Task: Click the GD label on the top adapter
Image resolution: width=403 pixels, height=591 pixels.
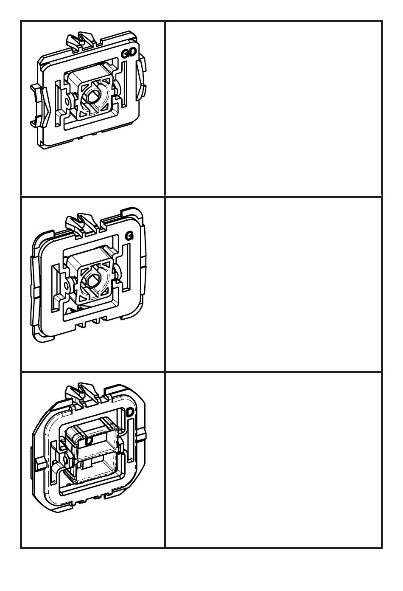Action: pos(129,53)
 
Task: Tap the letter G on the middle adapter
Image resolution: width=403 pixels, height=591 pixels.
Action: pos(129,236)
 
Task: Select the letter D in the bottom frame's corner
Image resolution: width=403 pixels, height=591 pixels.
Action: pos(130,412)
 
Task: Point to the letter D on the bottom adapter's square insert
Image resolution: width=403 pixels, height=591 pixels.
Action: pos(89,441)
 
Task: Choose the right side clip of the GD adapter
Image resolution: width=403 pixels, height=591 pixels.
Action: pos(141,79)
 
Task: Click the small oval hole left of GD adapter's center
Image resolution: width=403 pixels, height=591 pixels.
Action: pos(67,102)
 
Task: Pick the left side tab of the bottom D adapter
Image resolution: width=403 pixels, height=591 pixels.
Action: pos(40,464)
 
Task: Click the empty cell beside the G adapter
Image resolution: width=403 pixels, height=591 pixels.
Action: pos(274,284)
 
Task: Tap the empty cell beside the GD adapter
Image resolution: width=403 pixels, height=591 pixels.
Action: pos(274,108)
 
